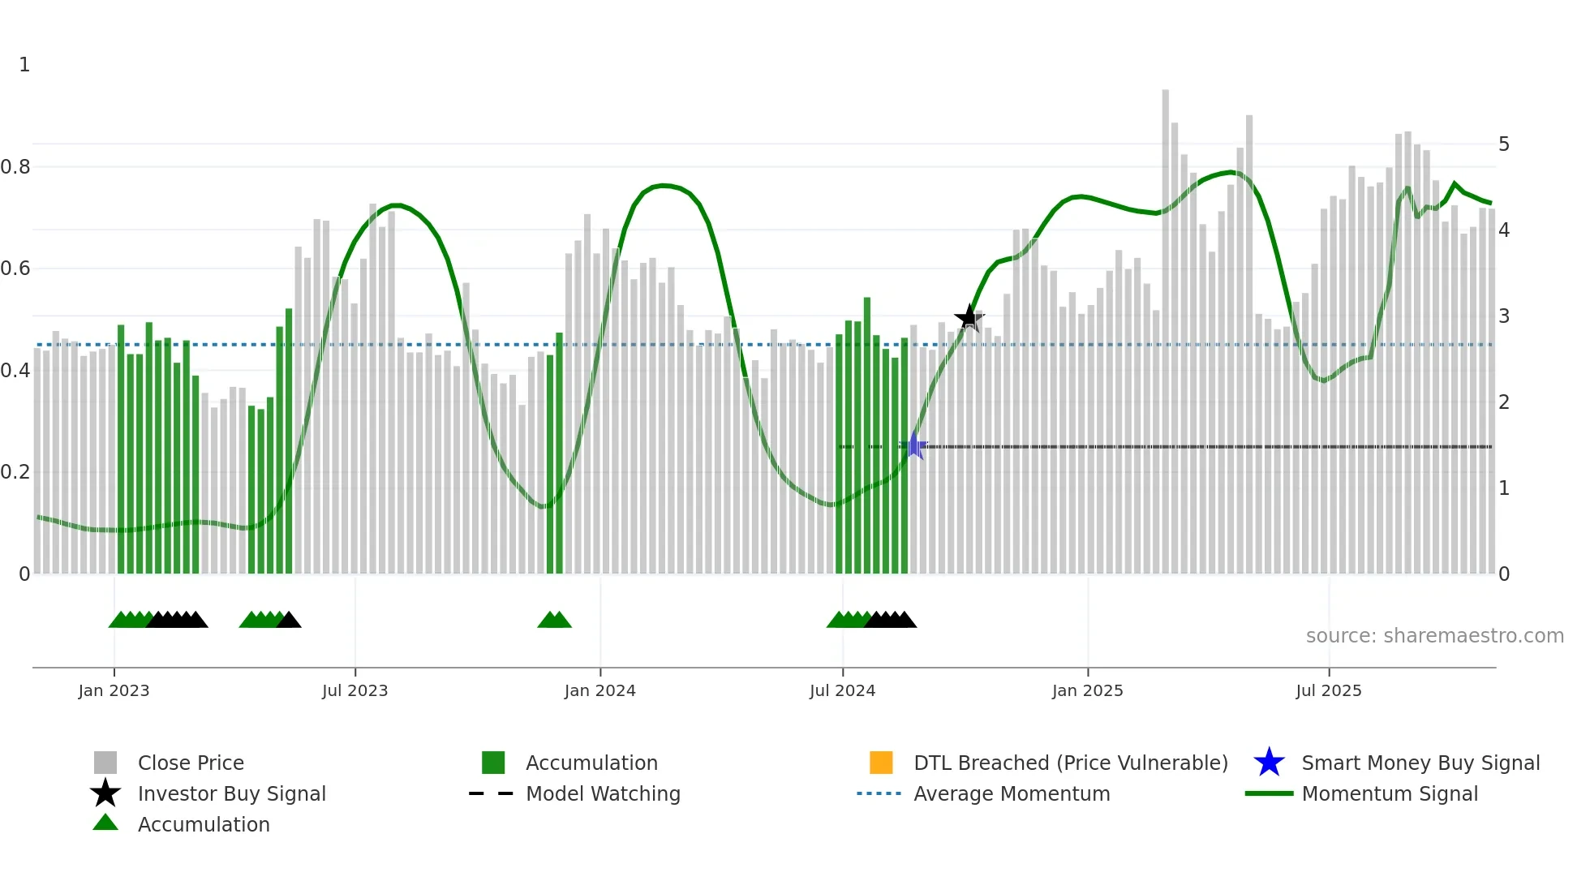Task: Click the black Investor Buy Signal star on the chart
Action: (969, 318)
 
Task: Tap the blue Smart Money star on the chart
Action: (914, 445)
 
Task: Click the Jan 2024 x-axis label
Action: (599, 690)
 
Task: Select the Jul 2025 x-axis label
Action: (1328, 690)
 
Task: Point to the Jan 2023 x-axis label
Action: (114, 690)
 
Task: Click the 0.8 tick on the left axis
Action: (15, 167)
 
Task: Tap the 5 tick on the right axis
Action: (1503, 144)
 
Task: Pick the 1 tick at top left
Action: (24, 65)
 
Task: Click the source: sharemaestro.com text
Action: (1434, 636)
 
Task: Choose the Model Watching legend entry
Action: (603, 793)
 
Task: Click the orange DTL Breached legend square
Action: (881, 763)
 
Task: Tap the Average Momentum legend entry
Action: (1011, 793)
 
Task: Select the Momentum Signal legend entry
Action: (1389, 793)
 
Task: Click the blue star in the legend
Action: (1269, 763)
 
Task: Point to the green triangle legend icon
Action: (105, 823)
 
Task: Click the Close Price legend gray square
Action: (105, 763)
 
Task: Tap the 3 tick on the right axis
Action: (1503, 316)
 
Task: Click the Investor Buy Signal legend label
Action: (231, 793)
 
